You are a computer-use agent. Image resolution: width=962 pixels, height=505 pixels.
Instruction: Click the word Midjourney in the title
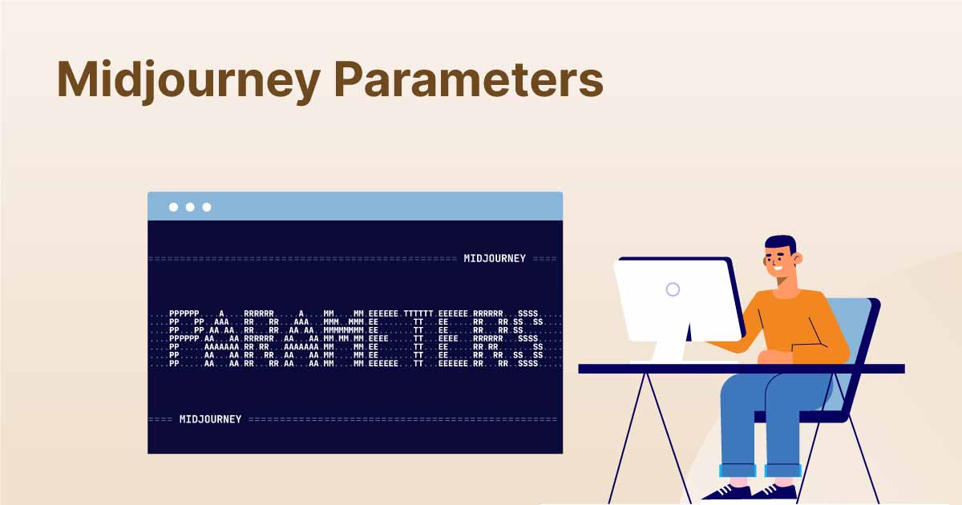188,82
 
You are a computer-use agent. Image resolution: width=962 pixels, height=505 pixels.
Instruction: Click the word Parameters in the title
468,79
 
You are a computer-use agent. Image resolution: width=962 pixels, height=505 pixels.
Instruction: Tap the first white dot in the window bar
173,207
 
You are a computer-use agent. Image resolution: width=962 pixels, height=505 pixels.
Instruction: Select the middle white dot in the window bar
190,207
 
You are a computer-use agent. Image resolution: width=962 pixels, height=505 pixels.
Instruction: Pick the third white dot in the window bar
207,207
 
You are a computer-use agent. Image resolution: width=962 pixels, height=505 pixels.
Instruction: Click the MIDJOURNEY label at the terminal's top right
495,258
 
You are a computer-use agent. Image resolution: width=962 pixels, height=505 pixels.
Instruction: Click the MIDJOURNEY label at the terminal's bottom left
210,419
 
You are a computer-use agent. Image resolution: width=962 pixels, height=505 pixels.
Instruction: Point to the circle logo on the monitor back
673,289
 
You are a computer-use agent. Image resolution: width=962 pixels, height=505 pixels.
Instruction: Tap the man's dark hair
780,243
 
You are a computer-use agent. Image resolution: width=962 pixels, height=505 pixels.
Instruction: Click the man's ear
798,259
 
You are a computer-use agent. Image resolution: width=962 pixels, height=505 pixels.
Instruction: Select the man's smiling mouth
778,269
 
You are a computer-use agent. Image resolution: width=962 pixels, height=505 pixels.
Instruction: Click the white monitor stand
671,344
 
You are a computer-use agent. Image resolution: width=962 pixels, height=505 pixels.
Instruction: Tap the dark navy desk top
742,369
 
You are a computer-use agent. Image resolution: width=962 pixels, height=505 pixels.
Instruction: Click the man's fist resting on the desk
774,357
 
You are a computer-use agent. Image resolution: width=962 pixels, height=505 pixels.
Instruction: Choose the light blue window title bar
355,206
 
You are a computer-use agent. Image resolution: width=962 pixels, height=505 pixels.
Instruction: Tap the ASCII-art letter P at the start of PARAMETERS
184,338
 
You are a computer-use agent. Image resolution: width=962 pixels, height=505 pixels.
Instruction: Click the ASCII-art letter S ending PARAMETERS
528,338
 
